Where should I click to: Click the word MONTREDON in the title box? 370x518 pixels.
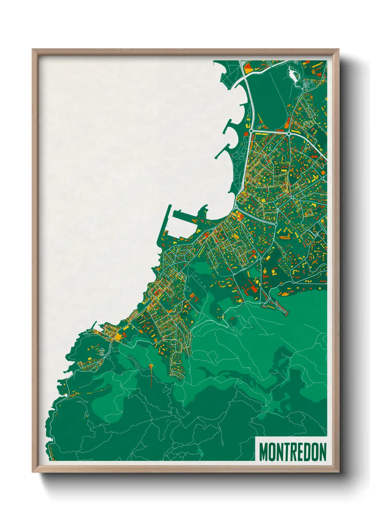point(292,452)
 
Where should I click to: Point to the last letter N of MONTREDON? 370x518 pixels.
point(322,452)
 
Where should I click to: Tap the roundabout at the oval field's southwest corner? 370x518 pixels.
point(251,131)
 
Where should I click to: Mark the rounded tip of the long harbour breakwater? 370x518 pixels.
point(169,206)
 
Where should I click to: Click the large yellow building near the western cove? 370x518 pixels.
point(119,336)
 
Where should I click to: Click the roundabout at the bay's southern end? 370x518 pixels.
point(236,207)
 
